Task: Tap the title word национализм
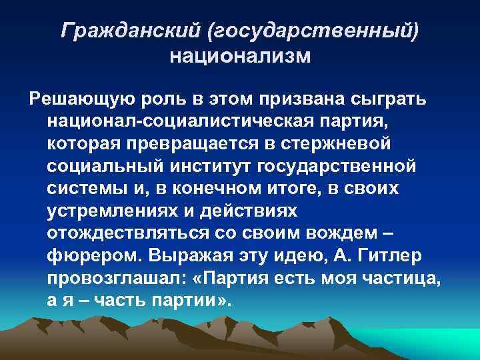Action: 240,55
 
